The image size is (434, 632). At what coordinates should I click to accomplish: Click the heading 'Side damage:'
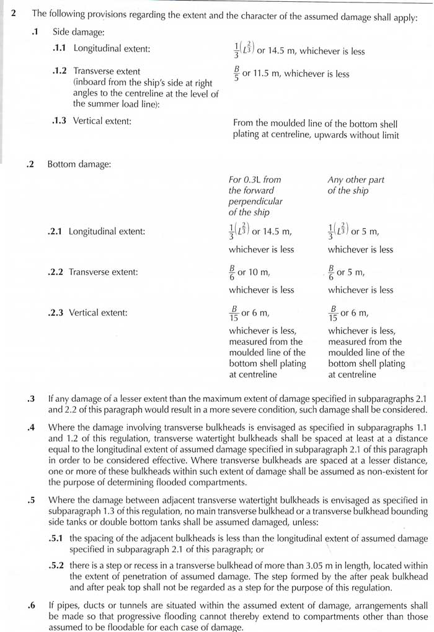pyautogui.click(x=77, y=30)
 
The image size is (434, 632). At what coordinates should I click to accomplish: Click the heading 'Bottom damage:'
pyautogui.click(x=79, y=164)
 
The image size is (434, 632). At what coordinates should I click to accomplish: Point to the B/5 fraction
pyautogui.click(x=236, y=74)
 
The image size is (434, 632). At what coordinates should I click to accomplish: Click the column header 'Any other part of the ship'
pyautogui.click(x=355, y=185)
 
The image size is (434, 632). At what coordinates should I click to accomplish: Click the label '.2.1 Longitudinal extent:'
pyautogui.click(x=96, y=231)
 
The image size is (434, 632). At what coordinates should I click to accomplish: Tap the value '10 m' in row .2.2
pyautogui.click(x=261, y=272)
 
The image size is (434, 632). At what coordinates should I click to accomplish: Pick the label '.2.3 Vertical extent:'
pyautogui.click(x=87, y=313)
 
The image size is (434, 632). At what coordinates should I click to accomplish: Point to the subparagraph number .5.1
pyautogui.click(x=60, y=538)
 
